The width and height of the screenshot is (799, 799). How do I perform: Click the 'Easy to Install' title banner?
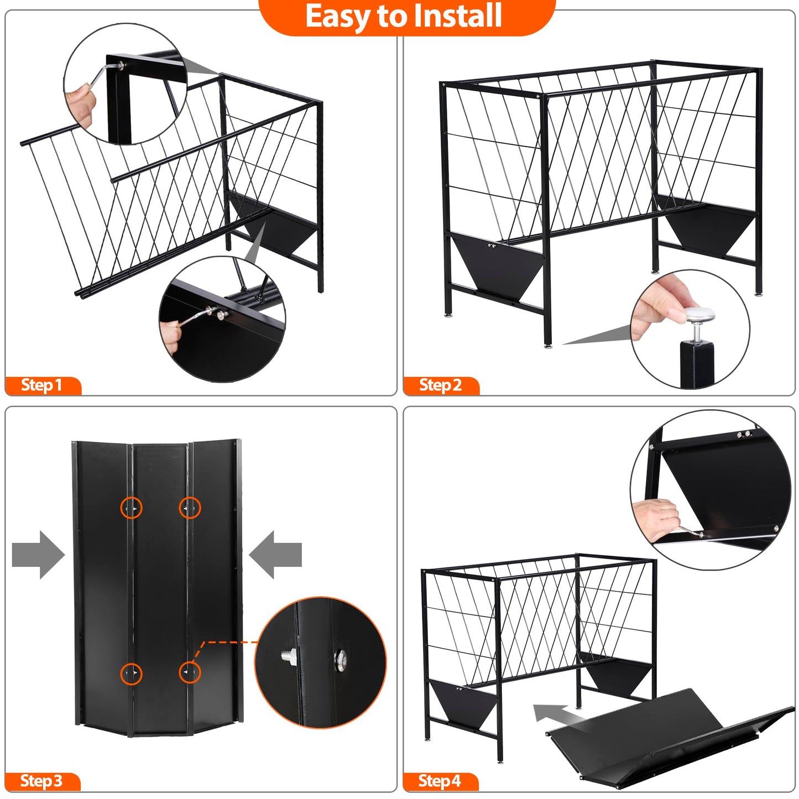tap(406, 17)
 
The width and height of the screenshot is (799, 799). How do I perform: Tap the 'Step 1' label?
tap(42, 385)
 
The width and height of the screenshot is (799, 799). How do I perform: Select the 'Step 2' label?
tap(440, 385)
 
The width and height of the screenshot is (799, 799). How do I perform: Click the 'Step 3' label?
tap(41, 781)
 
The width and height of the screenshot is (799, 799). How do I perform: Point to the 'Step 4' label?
tap(440, 781)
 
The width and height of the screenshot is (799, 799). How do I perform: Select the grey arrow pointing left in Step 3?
tap(275, 555)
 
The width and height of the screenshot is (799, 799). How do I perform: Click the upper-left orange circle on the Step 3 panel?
tap(132, 508)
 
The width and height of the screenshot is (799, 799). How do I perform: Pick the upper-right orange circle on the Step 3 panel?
tap(190, 508)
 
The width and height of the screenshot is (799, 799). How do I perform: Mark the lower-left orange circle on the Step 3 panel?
tap(132, 673)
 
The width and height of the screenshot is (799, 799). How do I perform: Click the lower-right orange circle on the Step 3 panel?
tap(190, 672)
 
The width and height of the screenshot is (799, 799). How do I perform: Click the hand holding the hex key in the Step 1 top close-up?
tap(80, 103)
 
